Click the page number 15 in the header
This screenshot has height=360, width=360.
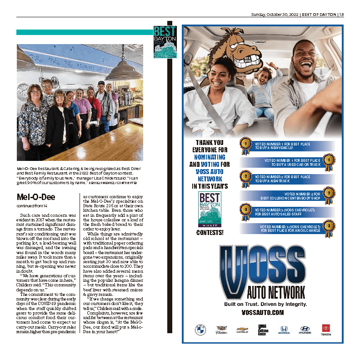[341, 14]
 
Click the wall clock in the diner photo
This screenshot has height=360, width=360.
[23, 87]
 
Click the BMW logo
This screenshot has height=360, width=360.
[200, 329]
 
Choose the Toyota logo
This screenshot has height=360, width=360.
[326, 329]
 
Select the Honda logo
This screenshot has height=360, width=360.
[284, 329]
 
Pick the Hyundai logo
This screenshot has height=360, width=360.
[305, 329]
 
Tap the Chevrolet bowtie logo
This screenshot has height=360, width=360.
[242, 329]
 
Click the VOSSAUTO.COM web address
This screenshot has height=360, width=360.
[262, 313]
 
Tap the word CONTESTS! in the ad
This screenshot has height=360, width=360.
[210, 233]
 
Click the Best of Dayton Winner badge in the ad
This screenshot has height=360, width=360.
[210, 208]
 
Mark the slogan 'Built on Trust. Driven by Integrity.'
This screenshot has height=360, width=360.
[262, 303]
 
